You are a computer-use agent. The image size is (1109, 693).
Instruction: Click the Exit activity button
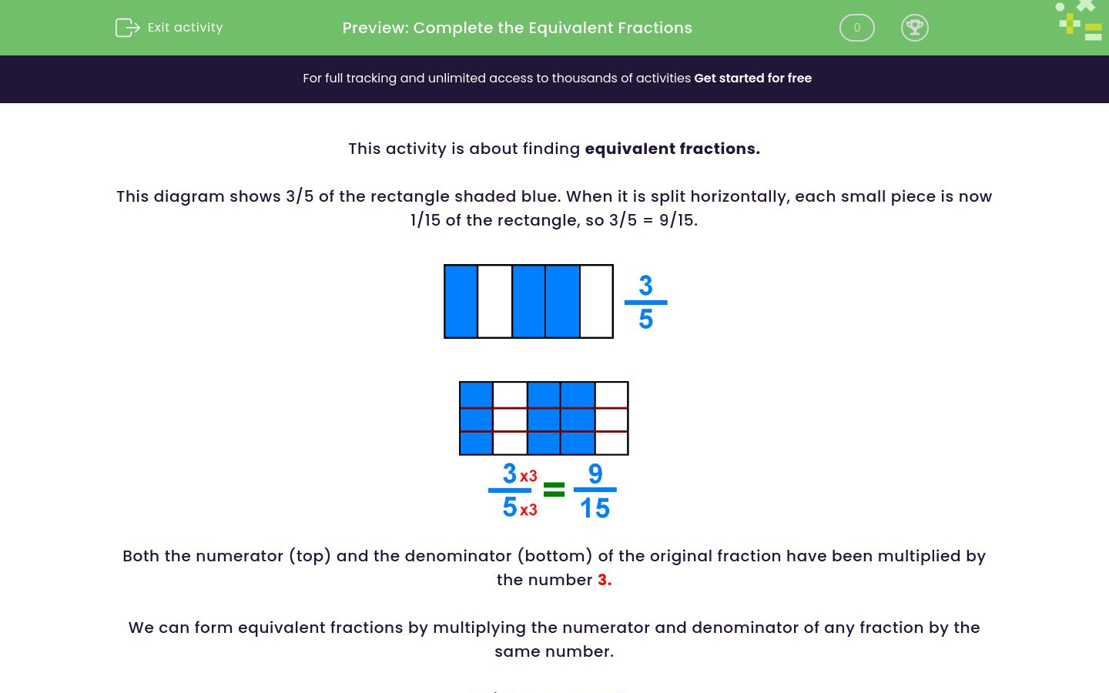point(169,28)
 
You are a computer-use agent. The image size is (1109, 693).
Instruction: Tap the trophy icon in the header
point(914,28)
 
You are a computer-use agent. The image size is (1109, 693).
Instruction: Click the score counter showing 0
point(856,28)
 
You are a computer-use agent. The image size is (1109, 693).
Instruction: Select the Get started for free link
point(752,79)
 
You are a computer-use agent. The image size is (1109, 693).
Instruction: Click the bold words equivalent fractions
point(672,149)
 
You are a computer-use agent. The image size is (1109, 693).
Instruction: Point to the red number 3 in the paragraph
point(604,580)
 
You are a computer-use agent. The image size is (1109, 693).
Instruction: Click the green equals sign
point(554,490)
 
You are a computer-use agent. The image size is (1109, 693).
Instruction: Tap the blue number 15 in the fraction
point(595,508)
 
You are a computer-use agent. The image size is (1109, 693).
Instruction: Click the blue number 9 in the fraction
point(595,473)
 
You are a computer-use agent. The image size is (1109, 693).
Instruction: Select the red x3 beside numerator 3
point(528,476)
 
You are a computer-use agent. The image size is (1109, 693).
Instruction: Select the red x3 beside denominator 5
point(528,510)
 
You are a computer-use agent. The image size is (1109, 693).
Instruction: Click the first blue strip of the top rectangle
point(461,301)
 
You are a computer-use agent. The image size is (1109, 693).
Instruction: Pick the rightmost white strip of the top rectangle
point(596,301)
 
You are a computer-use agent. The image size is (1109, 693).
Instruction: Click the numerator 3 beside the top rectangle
point(645,286)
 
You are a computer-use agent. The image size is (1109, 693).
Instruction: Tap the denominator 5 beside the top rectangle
point(645,319)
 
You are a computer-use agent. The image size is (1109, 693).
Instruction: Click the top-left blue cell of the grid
point(476,395)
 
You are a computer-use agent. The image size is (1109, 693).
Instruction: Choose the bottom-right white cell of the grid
point(611,443)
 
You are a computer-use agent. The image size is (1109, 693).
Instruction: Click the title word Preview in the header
point(374,28)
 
